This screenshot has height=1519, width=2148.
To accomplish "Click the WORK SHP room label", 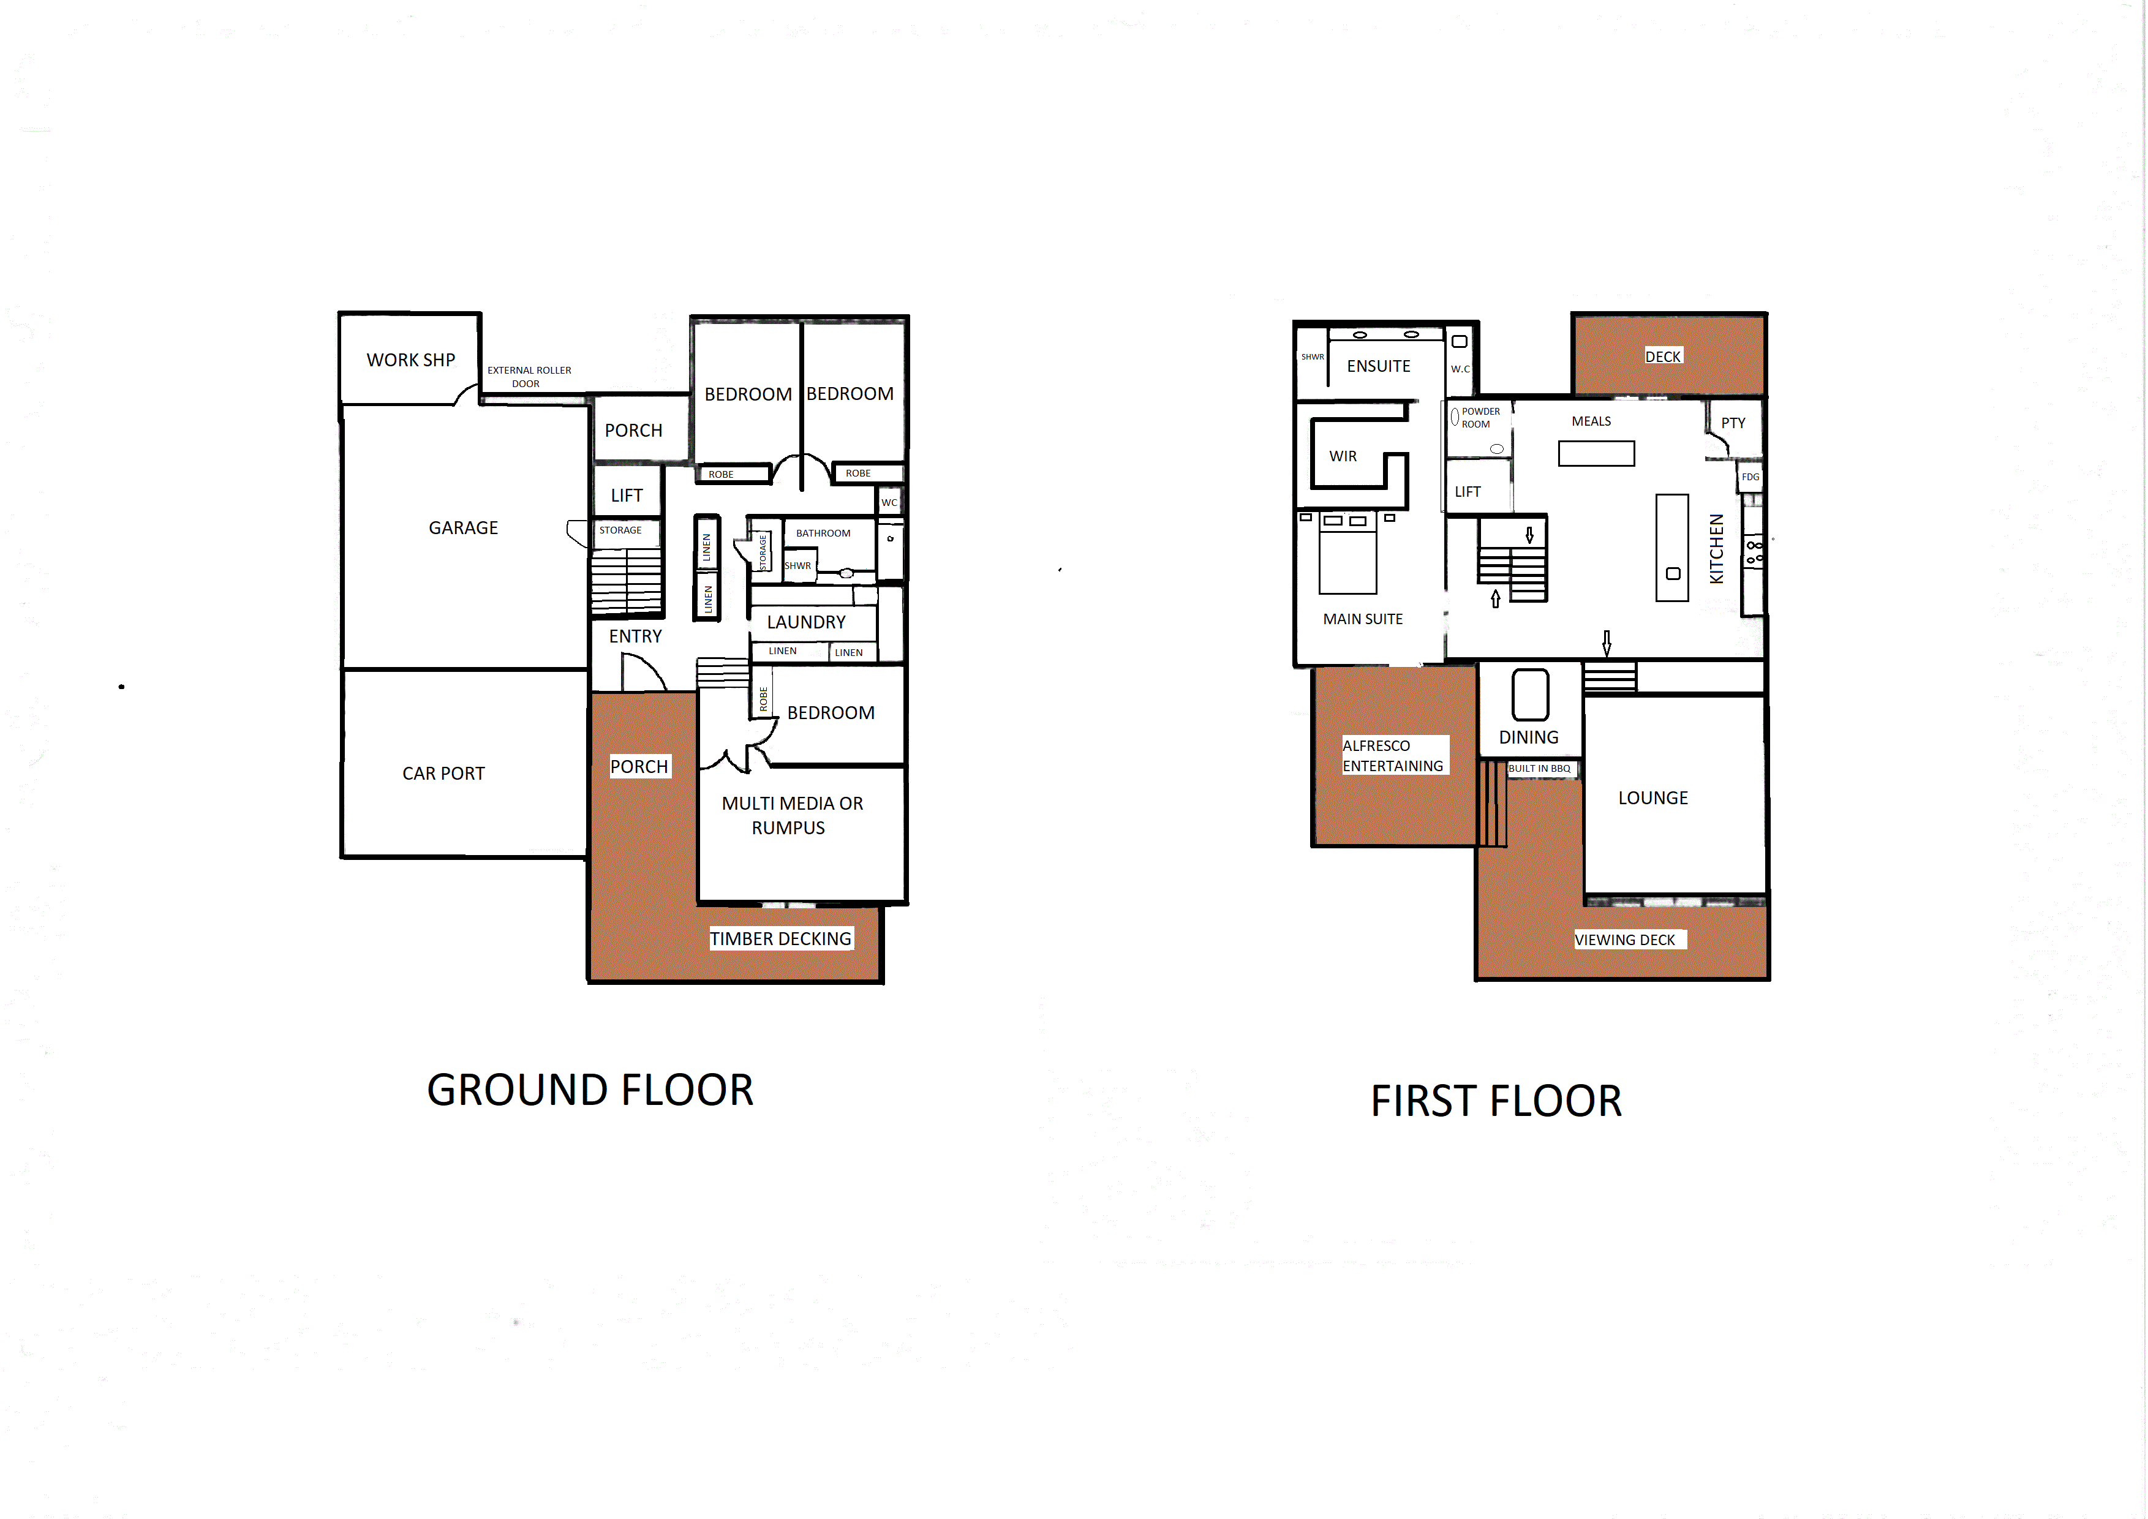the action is click(411, 360).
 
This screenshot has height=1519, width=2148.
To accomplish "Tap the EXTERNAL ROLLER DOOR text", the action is click(529, 377).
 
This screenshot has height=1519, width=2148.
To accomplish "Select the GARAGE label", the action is click(463, 527).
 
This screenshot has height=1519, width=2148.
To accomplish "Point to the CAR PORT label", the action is click(443, 774).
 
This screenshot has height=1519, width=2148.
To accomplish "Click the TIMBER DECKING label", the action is click(780, 939).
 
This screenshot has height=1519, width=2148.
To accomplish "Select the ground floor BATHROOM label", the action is click(823, 533).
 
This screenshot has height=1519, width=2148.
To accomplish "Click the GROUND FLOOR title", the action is click(590, 1090).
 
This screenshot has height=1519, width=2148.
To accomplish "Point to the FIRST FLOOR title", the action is click(1496, 1101).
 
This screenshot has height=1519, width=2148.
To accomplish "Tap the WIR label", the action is click(1343, 456).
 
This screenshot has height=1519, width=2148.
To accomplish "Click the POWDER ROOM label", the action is click(1480, 417).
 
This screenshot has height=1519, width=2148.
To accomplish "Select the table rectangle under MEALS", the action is click(1596, 454).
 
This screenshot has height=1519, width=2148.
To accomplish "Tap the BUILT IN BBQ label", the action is click(1539, 769).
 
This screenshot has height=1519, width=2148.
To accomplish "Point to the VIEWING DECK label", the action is click(1624, 940).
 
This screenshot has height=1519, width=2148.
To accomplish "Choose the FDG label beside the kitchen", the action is click(1749, 477).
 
